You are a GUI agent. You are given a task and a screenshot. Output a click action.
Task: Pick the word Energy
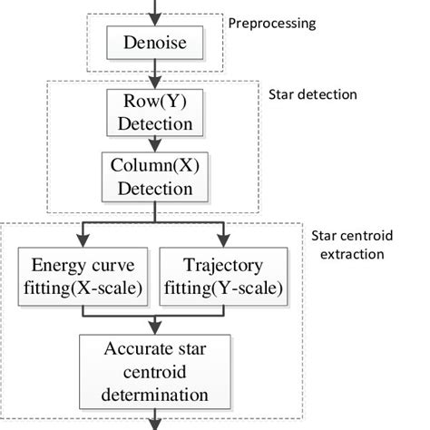55,267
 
